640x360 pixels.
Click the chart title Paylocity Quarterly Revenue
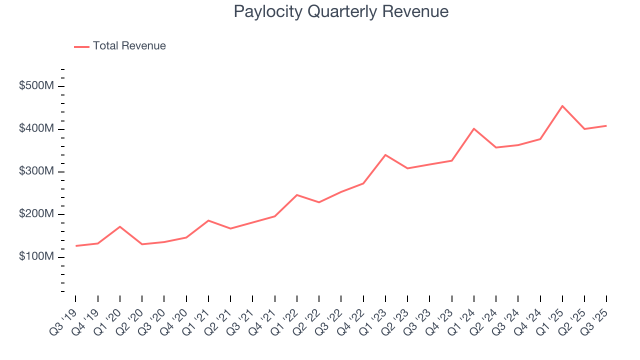tap(341, 11)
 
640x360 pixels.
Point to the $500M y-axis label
tap(36, 86)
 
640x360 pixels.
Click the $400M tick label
tap(36, 128)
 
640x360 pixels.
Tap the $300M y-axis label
tap(36, 171)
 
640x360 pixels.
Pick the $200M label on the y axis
tap(36, 214)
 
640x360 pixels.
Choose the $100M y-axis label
tap(36, 256)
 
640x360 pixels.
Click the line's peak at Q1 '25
tap(562, 106)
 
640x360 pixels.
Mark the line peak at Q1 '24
tap(474, 129)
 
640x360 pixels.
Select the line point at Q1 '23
tap(385, 155)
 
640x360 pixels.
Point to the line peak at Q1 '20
tap(120, 226)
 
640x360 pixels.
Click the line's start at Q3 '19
tap(76, 245)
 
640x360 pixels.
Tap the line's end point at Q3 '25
tap(606, 125)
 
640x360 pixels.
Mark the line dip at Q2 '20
tap(142, 244)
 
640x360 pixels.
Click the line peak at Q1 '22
tap(297, 195)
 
